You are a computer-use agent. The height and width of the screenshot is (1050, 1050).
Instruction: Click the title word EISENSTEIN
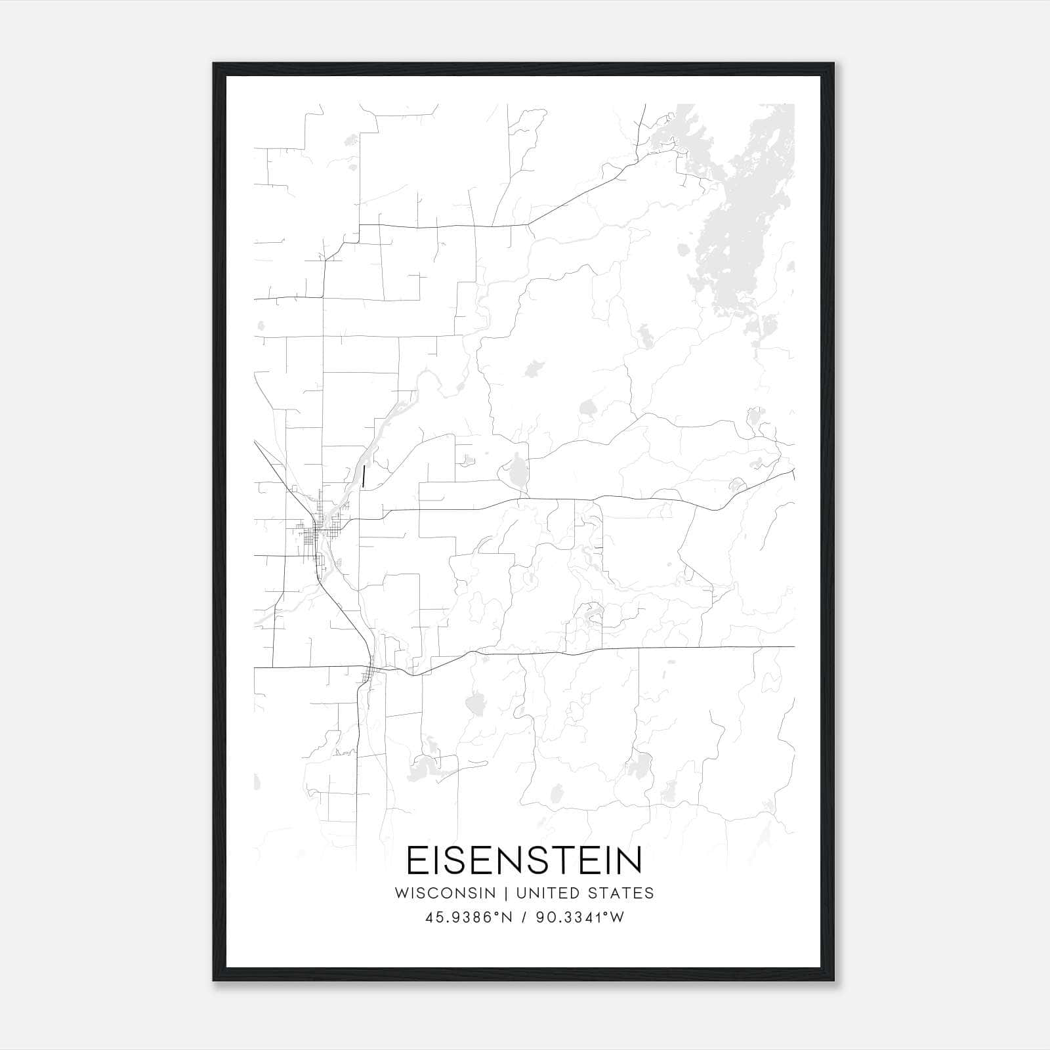click(524, 860)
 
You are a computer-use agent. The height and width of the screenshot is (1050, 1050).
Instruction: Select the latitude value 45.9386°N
click(468, 918)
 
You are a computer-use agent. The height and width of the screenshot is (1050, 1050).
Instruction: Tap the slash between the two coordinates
click(524, 918)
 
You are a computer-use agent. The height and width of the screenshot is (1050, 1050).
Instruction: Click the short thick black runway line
click(363, 476)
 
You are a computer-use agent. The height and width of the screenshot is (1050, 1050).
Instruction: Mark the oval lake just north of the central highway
click(516, 471)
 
